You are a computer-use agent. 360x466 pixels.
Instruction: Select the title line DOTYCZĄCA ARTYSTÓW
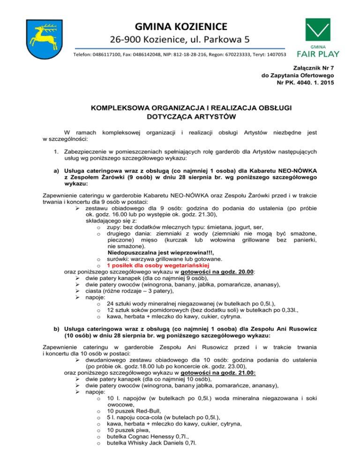[180, 117]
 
